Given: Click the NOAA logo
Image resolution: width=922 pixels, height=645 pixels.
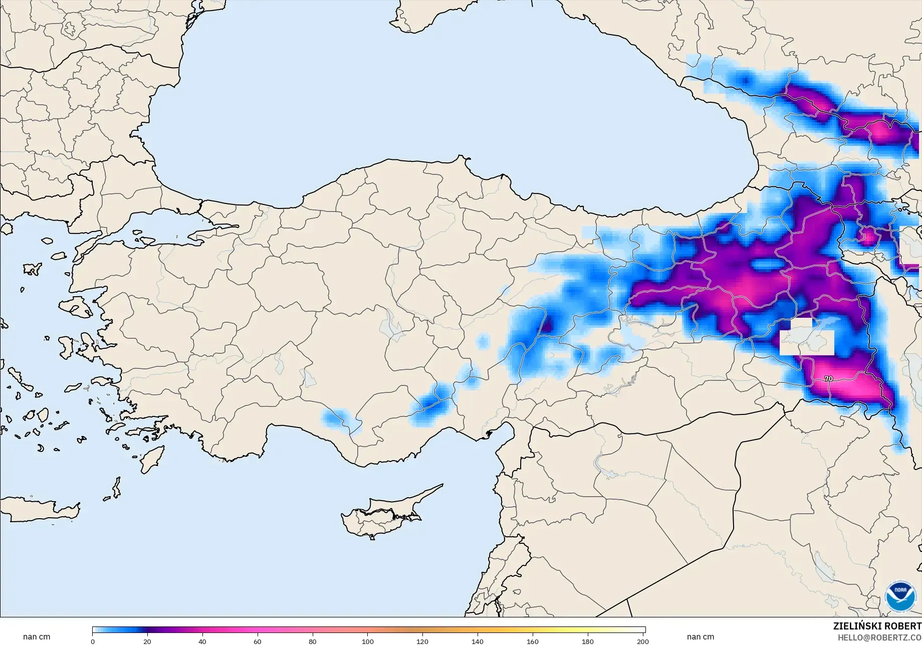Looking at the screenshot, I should tap(900, 596).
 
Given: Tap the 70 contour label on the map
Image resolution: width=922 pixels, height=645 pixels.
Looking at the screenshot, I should tap(828, 379).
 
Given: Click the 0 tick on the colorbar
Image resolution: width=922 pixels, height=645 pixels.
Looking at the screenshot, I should tap(93, 641).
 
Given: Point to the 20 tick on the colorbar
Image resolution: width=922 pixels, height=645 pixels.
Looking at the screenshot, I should tap(147, 641).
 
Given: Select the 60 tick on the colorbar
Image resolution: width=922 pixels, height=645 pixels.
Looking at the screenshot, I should tap(258, 641).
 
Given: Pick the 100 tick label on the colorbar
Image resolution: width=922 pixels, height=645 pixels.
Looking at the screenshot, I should tap(368, 641).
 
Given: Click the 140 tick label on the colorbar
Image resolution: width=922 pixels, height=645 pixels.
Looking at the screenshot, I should tap(478, 641).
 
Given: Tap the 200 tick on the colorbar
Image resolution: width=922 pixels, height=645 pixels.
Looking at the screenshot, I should tap(643, 641).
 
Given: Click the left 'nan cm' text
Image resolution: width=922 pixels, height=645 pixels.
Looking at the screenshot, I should tap(37, 637).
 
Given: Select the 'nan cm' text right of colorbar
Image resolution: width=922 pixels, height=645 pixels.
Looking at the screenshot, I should tap(700, 637).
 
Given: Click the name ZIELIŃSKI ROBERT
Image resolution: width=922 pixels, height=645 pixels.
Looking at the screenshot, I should tap(877, 626).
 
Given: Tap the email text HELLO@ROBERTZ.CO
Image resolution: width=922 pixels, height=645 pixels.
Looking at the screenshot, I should tap(880, 637).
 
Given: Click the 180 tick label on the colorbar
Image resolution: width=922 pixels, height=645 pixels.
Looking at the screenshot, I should tap(588, 641).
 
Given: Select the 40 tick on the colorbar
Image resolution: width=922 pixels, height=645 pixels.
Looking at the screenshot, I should tap(202, 641).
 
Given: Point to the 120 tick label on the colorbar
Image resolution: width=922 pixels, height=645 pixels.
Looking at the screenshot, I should tap(422, 641).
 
